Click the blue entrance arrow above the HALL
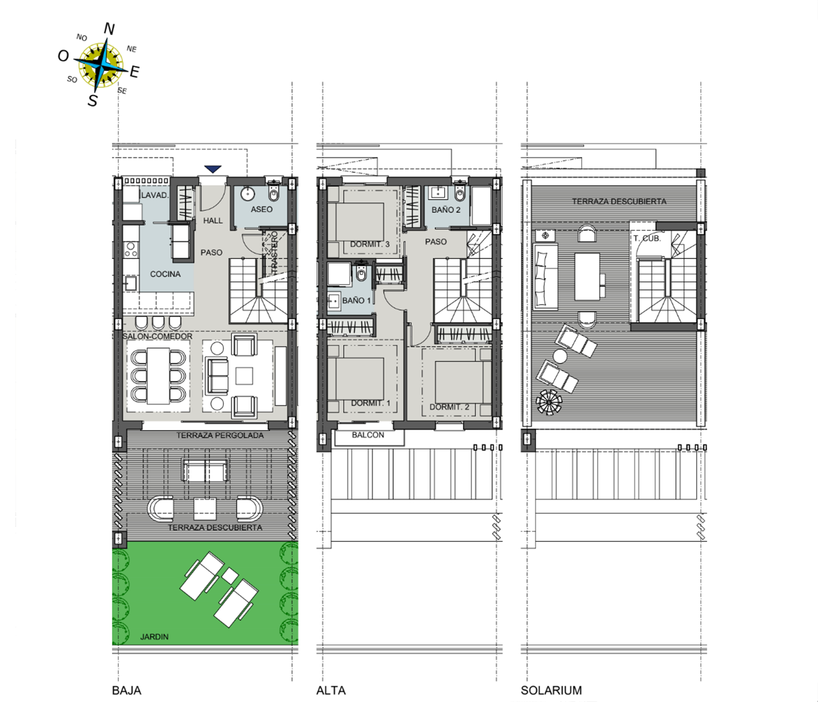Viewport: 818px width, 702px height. [213, 169]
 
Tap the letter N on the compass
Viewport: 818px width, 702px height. [109, 29]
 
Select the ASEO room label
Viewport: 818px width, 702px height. [261, 209]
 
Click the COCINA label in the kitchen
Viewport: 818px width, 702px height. [165, 274]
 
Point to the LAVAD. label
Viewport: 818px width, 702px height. [155, 195]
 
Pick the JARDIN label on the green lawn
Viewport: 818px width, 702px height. [154, 637]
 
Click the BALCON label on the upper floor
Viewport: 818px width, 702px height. [368, 435]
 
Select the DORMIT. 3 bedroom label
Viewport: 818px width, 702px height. [370, 244]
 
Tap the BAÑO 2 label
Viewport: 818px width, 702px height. [446, 210]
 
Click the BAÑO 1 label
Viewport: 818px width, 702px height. [357, 301]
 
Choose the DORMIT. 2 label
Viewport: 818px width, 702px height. [449, 407]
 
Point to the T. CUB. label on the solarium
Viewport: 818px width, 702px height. [647, 238]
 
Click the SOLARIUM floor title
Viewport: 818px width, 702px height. [551, 690]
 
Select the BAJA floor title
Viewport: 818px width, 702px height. [127, 690]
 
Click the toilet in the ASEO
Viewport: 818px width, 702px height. [274, 192]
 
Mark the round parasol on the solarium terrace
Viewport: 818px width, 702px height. [549, 402]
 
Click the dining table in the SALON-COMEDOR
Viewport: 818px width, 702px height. [158, 376]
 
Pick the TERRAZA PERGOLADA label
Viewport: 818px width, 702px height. [220, 435]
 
